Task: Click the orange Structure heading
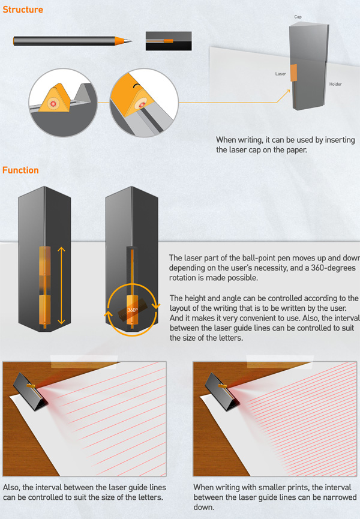pyautogui.click(x=23, y=9)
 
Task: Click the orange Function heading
pyautogui.click(x=20, y=170)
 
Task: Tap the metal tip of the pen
pyautogui.click(x=128, y=41)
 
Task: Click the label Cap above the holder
pyautogui.click(x=298, y=17)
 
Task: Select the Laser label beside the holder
pyautogui.click(x=280, y=74)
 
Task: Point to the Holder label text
pyautogui.click(x=335, y=84)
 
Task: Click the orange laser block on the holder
pyautogui.click(x=293, y=73)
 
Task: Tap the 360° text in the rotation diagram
pyautogui.click(x=133, y=310)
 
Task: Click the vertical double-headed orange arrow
pyautogui.click(x=61, y=286)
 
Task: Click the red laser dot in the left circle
pyautogui.click(x=53, y=104)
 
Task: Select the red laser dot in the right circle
pyautogui.click(x=141, y=104)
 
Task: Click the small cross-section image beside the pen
pyautogui.click(x=169, y=41)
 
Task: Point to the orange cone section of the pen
pyautogui.click(x=120, y=41)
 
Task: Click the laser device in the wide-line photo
pyautogui.click(x=31, y=391)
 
